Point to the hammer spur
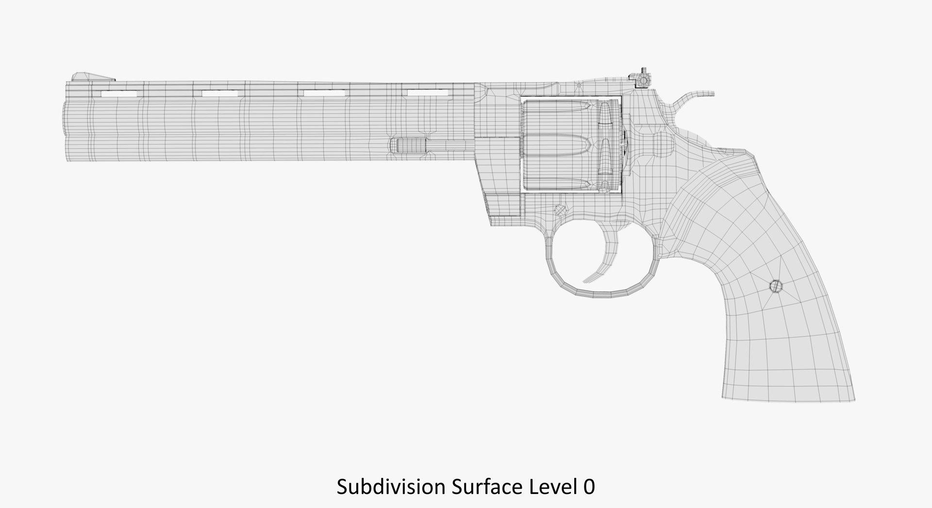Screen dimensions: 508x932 pos(699,94)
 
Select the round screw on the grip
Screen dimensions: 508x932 pos(775,287)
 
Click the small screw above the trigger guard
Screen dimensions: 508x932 pos(560,210)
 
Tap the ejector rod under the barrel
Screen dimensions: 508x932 pos(413,145)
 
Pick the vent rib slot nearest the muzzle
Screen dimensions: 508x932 pos(119,93)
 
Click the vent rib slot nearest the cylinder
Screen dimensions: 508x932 pos(427,92)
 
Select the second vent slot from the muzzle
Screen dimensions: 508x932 pos(221,93)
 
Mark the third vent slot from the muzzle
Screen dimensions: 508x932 pos(324,93)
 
